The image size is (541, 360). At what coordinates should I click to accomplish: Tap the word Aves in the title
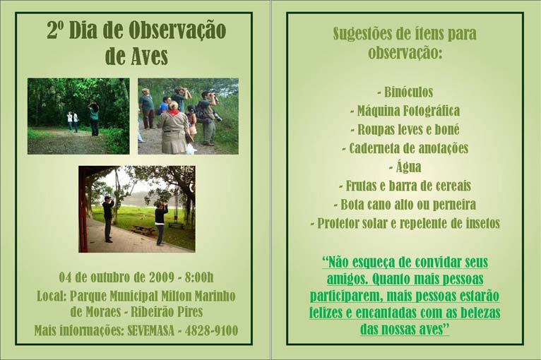click(x=150, y=56)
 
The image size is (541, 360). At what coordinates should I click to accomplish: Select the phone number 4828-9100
click(x=211, y=330)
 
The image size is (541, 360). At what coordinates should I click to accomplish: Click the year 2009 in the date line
click(x=162, y=277)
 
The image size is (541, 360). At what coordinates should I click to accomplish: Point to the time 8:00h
click(x=199, y=277)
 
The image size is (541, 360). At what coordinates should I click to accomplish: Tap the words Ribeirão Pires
click(x=167, y=312)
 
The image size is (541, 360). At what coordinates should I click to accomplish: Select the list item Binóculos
click(x=405, y=92)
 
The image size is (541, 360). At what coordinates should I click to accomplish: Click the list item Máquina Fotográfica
click(x=405, y=111)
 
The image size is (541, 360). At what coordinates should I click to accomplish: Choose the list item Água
click(x=405, y=167)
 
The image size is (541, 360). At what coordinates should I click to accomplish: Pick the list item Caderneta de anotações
click(x=405, y=148)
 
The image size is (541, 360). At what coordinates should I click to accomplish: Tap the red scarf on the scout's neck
click(x=174, y=113)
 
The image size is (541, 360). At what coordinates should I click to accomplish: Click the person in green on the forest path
click(x=93, y=119)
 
